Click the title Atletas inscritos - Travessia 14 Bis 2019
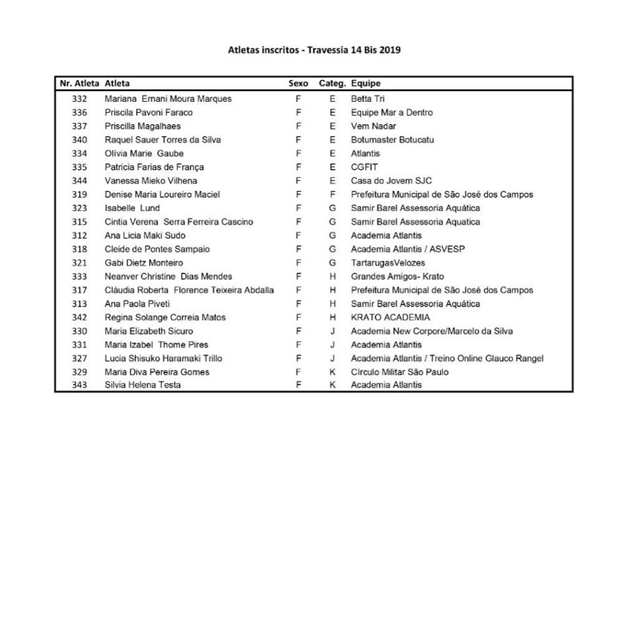(314, 50)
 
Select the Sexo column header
(299, 84)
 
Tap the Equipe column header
(366, 84)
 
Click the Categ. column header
(332, 84)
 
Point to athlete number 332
(79, 99)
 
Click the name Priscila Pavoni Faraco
(149, 113)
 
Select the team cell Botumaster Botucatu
(392, 140)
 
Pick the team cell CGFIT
(365, 167)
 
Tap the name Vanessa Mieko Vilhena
(151, 181)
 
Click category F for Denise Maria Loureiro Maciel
(332, 195)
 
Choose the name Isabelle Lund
(132, 208)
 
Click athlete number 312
(79, 236)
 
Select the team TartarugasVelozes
(388, 263)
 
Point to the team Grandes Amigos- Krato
(397, 277)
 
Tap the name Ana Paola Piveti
(137, 304)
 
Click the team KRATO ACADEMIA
(390, 318)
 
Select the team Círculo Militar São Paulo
(400, 372)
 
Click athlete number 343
(79, 385)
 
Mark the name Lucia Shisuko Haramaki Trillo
(163, 359)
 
